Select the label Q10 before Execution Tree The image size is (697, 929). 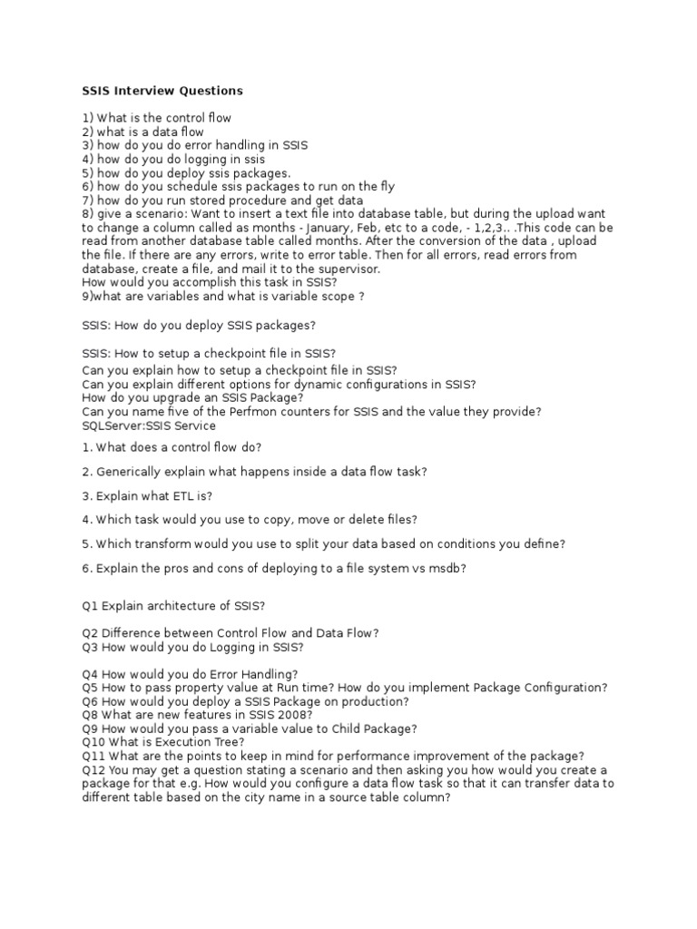point(93,742)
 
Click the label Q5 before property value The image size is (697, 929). point(90,688)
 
